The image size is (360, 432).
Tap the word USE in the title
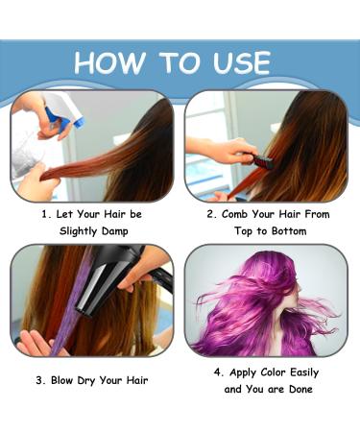234,62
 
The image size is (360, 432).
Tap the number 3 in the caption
40,379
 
